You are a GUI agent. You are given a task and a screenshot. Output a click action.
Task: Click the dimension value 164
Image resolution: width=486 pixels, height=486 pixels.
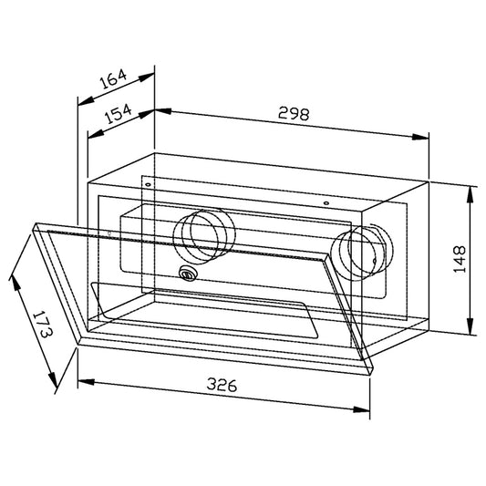(x=113, y=78)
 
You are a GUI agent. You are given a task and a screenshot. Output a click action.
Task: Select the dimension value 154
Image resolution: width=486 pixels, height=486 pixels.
(x=119, y=114)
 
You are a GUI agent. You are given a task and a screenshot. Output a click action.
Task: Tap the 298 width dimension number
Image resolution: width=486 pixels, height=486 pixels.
(x=294, y=113)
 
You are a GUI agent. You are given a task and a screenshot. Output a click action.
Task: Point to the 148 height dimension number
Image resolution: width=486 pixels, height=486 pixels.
(x=460, y=259)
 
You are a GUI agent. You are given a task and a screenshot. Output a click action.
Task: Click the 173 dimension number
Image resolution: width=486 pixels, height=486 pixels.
(x=43, y=324)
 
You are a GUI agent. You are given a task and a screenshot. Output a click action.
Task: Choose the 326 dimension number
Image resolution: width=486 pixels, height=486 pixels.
(x=222, y=385)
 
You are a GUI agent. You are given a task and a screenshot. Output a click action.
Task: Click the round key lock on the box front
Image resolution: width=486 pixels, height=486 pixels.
(x=188, y=274)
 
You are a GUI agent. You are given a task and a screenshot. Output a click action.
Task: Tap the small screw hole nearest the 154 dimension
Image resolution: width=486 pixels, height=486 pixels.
(x=148, y=185)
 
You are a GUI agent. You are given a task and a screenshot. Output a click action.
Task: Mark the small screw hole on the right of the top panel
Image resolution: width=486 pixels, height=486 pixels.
(x=326, y=203)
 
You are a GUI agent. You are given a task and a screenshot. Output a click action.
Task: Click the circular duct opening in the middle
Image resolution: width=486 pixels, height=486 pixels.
(x=204, y=236)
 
